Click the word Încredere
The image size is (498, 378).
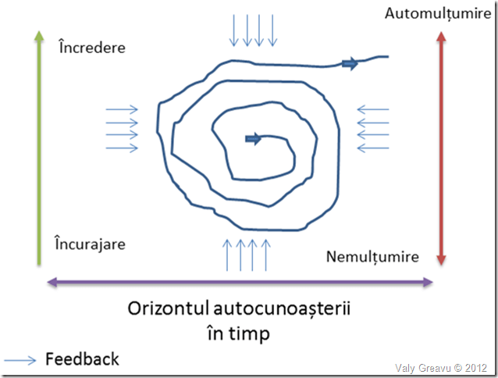tap(91, 48)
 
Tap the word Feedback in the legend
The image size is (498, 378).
tap(82, 359)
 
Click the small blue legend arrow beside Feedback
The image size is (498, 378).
tap(20, 360)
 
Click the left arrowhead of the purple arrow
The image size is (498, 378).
tap(53, 282)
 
